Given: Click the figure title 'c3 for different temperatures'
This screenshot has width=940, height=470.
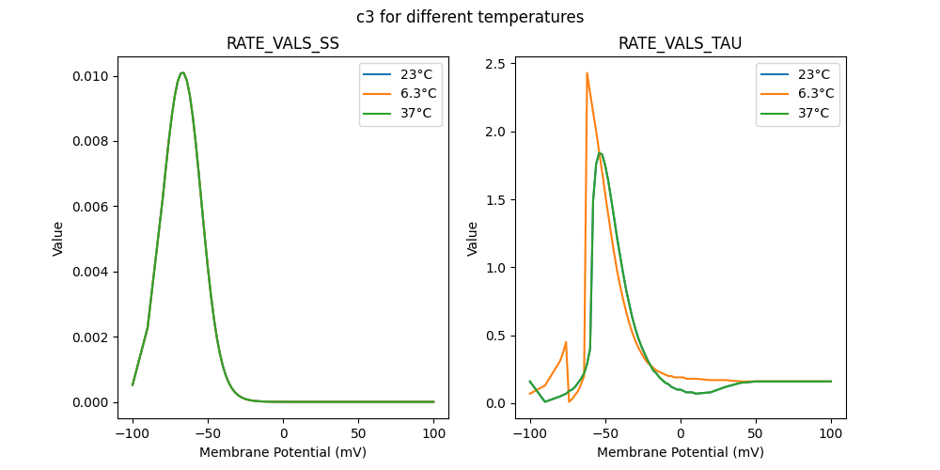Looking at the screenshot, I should point(470,17).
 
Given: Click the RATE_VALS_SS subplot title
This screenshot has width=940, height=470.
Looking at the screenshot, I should point(283,44).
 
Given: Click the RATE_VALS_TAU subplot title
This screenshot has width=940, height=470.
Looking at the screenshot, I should point(680,44).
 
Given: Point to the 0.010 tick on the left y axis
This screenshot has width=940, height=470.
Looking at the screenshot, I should point(92,76).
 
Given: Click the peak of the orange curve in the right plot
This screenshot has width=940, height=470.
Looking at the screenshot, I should point(587,73).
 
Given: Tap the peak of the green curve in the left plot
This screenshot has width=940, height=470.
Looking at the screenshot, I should point(182,72).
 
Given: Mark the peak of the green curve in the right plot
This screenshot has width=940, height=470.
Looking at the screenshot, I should point(600,153).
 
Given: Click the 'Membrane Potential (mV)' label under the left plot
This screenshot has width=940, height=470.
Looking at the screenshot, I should point(283,452).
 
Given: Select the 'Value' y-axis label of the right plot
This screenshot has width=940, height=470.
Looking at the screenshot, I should point(473,239).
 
